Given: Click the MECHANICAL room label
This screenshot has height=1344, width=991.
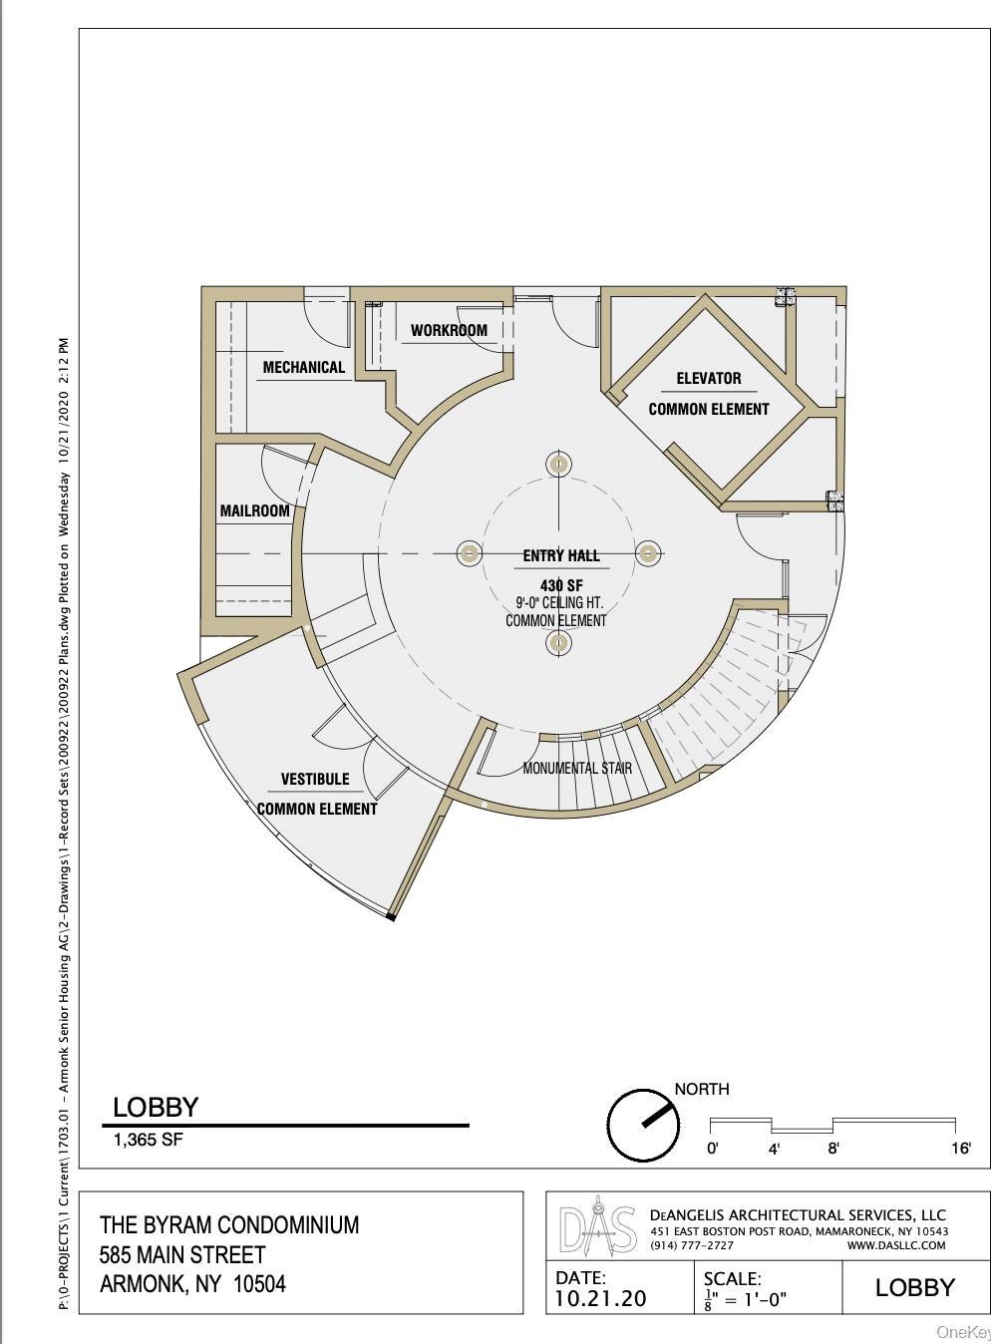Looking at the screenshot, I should point(303,367).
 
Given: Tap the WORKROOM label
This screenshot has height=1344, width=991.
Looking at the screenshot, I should point(449,330).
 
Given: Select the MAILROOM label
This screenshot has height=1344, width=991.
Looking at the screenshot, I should point(254,510).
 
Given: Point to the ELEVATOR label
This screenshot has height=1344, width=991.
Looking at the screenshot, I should point(708,378).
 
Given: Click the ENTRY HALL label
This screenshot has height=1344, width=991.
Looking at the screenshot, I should point(561,555).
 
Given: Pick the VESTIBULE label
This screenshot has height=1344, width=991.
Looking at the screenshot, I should point(315,779).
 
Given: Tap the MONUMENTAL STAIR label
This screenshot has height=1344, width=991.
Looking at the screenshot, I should point(577,768).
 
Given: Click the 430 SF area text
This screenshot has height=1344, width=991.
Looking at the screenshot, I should point(561,585).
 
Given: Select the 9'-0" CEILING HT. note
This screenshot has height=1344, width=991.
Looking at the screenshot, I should point(558,603).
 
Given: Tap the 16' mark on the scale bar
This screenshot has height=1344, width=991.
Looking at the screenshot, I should point(960,1149).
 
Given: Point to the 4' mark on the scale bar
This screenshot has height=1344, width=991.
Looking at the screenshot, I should point(774,1149).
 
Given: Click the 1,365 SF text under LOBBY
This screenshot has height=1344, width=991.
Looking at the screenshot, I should point(148,1140).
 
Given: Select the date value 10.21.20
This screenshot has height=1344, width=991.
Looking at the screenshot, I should point(601,1297).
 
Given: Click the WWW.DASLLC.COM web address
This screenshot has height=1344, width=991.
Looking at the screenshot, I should point(895,1245).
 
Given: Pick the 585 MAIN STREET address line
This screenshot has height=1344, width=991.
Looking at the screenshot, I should point(182,1254).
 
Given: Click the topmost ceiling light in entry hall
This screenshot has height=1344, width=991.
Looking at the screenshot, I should point(559,465).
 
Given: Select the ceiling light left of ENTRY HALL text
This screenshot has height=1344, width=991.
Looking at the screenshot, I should point(469,553).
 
